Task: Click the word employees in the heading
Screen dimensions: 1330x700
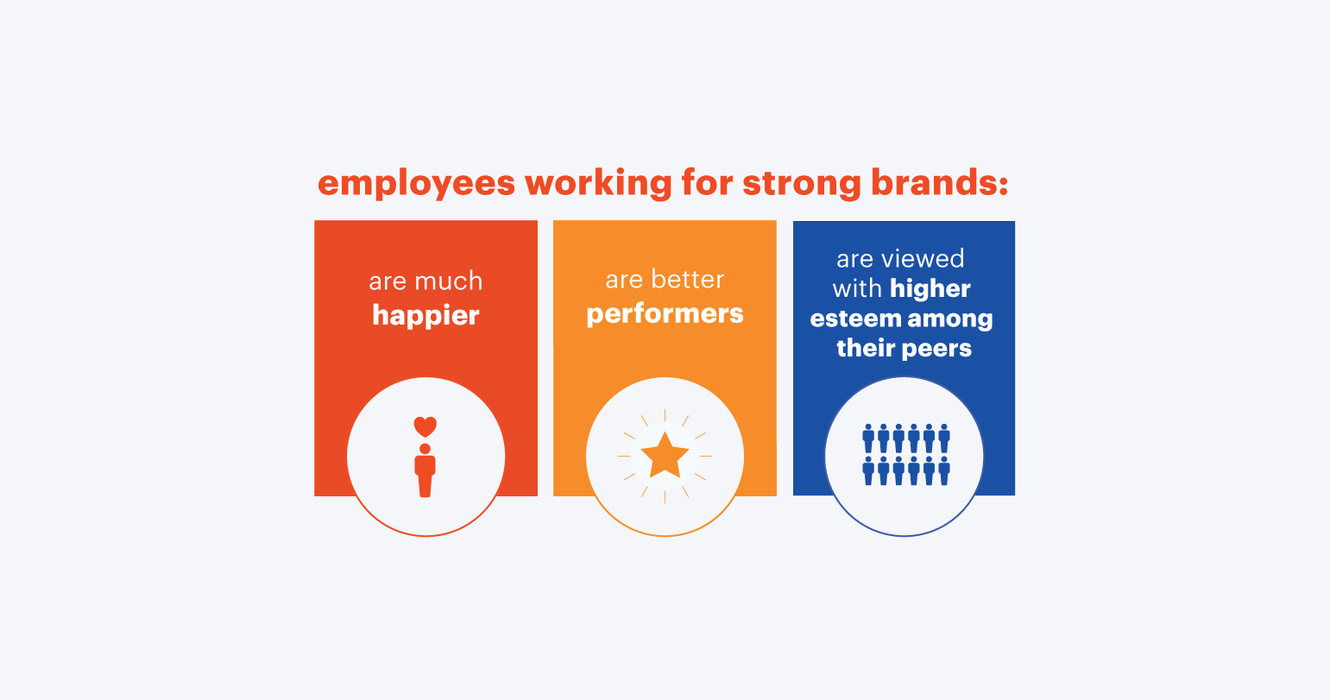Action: pyautogui.click(x=416, y=184)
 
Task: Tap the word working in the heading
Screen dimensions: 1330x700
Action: pyautogui.click(x=598, y=184)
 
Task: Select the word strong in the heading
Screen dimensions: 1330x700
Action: pyautogui.click(x=802, y=185)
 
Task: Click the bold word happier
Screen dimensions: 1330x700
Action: pyautogui.click(x=425, y=315)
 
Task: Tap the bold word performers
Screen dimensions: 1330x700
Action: pyautogui.click(x=665, y=314)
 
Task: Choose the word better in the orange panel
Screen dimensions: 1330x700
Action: pyautogui.click(x=688, y=279)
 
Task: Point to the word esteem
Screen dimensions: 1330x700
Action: pyautogui.click(x=855, y=318)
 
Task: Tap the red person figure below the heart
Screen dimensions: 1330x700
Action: pyautogui.click(x=425, y=470)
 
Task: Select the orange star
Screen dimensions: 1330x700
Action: pyautogui.click(x=665, y=456)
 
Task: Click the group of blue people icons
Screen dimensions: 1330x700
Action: pyautogui.click(x=906, y=455)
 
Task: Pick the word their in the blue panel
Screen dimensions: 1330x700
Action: pyautogui.click(x=867, y=348)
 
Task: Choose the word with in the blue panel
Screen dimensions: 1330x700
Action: pyautogui.click(x=857, y=289)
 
